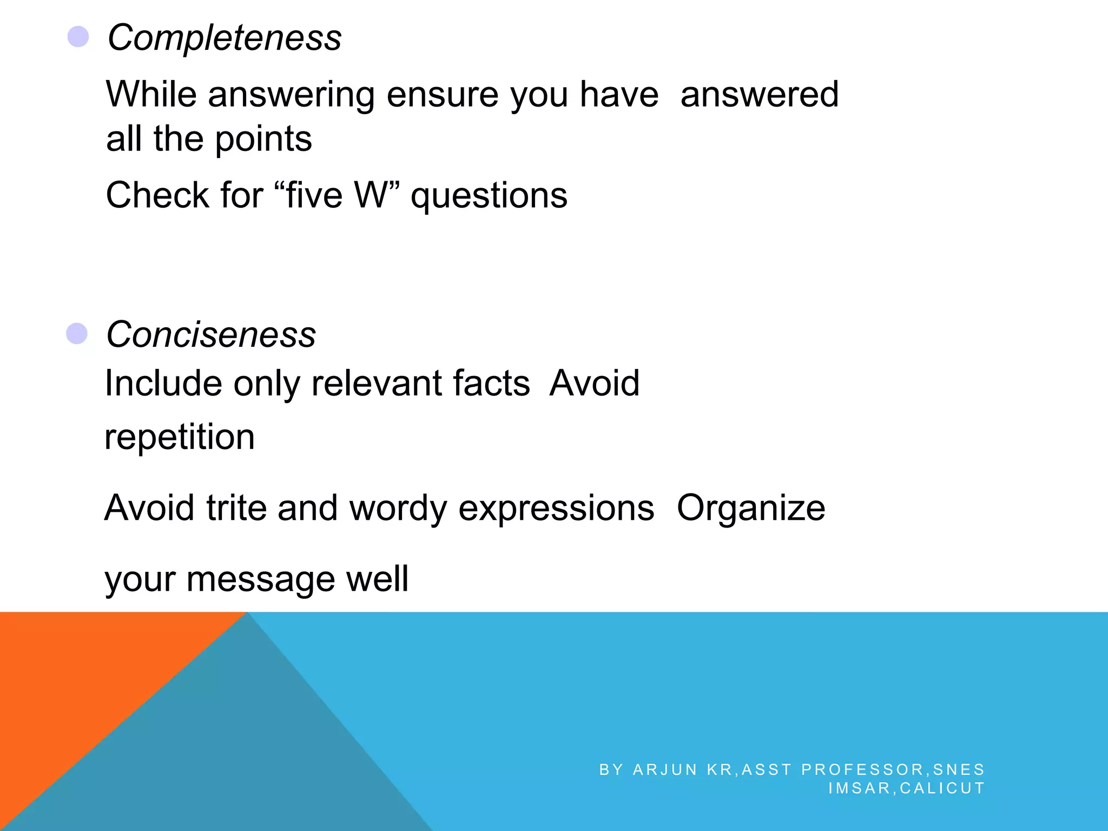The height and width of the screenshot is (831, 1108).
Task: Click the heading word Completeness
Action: [x=225, y=38]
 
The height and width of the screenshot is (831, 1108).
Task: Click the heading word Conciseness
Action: [x=211, y=334]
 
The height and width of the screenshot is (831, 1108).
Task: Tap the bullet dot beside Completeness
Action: [x=78, y=37]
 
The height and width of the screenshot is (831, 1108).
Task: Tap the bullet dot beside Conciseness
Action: [x=77, y=334]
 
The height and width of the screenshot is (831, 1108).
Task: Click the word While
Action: [x=151, y=94]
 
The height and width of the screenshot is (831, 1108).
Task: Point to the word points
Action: [x=263, y=140]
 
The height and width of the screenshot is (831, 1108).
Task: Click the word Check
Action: [x=157, y=195]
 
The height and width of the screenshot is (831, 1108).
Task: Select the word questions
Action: [x=489, y=196]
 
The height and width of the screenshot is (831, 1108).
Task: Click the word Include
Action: [x=163, y=383]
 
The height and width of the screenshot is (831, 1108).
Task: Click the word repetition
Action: [x=179, y=437]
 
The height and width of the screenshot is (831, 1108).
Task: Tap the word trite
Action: [x=236, y=508]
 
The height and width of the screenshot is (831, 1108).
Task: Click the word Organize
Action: [x=751, y=509]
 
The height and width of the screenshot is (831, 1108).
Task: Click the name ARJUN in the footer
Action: [x=665, y=769]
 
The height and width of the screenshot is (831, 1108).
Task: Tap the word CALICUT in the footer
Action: [x=942, y=788]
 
